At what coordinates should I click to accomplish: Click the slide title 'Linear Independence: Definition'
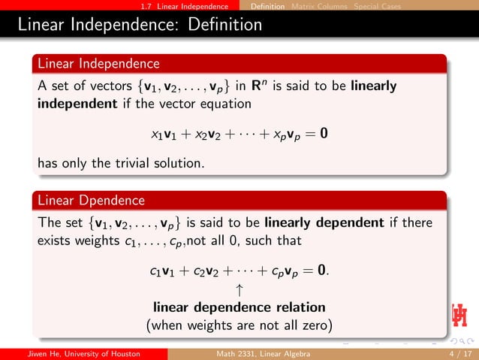tap(140, 25)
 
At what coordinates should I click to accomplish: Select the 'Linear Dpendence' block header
tap(91, 201)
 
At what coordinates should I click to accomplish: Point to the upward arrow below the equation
tap(239, 289)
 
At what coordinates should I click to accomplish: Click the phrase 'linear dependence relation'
tap(239, 307)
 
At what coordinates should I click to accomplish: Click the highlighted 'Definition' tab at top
tap(268, 7)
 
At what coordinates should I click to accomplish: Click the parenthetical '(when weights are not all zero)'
tap(239, 325)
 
